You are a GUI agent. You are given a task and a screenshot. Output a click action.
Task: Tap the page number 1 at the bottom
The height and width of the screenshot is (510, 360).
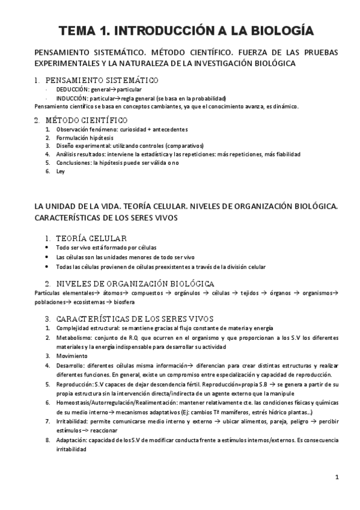pos(337,478)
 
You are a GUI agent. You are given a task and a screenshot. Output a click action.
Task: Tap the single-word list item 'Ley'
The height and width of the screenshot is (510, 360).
pos(60,171)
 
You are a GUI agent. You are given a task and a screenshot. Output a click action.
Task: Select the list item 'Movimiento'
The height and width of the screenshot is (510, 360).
pos(72,356)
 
